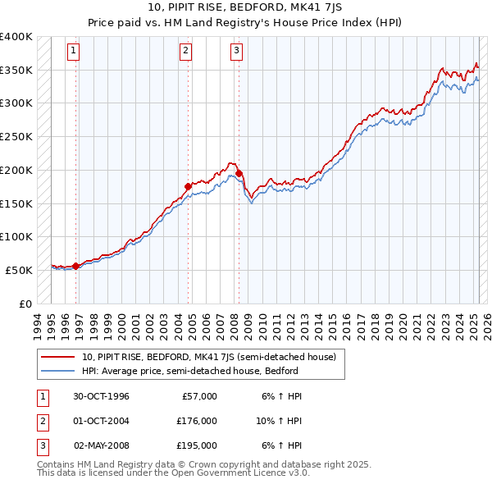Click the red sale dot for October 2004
click(x=188, y=186)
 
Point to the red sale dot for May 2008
click(x=239, y=174)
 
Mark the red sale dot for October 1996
click(x=76, y=266)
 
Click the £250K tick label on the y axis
click(x=16, y=137)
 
